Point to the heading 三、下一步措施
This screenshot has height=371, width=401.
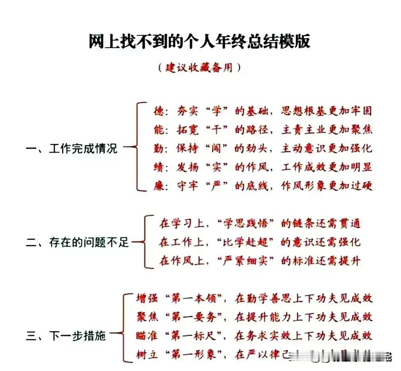pyautogui.click(x=66, y=336)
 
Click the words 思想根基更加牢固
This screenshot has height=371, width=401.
pyautogui.click(x=327, y=111)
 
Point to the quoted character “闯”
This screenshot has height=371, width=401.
pyautogui.click(x=216, y=148)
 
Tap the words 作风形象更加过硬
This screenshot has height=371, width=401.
pyautogui.click(x=327, y=186)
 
